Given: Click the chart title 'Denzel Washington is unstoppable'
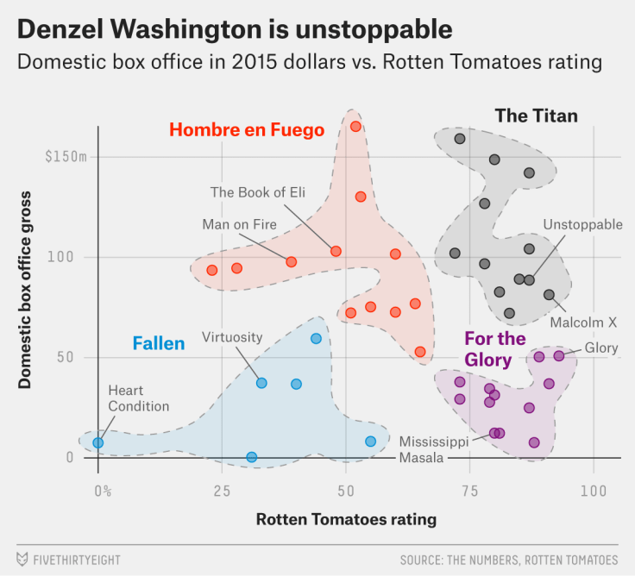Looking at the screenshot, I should point(234,29).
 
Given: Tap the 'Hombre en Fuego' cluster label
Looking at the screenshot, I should point(247,130).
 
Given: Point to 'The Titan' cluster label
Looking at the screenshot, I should point(536,116).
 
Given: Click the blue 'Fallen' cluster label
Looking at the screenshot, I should point(159,344).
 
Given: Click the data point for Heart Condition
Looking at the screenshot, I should point(98,442).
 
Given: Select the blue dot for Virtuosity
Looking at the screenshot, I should point(261,383).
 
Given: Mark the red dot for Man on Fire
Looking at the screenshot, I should point(292,261).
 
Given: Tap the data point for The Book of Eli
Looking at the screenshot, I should point(336,251).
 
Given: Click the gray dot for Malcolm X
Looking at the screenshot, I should point(549,295).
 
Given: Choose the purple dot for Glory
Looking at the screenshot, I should point(558,355).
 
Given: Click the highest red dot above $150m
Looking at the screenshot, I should point(355,127).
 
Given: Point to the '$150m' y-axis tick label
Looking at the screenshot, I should point(66,157).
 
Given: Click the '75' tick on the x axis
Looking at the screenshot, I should point(469,491).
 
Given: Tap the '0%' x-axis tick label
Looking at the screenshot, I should point(103,491).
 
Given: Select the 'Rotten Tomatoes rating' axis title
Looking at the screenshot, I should point(346,519).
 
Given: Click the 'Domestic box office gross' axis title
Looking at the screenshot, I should point(25,290).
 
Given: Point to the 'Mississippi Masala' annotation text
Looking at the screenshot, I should point(433,449).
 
